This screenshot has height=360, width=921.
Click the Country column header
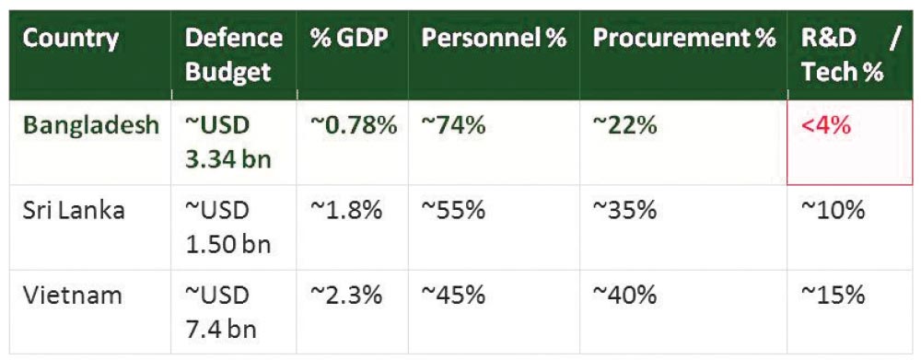click(x=70, y=38)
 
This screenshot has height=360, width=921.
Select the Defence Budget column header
click(x=233, y=54)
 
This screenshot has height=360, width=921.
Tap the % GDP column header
click(x=349, y=38)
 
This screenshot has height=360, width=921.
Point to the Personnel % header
click(x=494, y=38)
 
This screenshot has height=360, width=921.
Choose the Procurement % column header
click(x=683, y=38)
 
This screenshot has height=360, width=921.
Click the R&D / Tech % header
click(x=850, y=54)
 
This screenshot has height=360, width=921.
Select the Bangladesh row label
click(x=91, y=125)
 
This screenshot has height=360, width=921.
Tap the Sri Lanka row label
click(x=74, y=210)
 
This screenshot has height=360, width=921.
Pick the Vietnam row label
click(x=72, y=295)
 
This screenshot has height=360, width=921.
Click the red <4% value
click(x=826, y=125)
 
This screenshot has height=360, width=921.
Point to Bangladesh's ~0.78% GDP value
click(x=354, y=125)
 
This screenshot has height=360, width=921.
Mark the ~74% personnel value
click(x=453, y=125)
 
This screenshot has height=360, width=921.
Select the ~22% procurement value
click(x=624, y=125)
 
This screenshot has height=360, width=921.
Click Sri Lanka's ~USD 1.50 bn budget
click(x=227, y=227)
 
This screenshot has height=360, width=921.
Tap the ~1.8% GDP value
click(x=346, y=210)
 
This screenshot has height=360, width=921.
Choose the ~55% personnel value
click(x=453, y=210)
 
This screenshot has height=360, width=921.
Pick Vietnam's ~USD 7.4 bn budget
click(x=221, y=312)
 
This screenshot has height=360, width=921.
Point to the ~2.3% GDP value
click(x=346, y=295)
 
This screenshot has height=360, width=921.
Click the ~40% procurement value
click(x=624, y=295)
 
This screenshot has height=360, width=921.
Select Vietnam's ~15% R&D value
click(x=833, y=295)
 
